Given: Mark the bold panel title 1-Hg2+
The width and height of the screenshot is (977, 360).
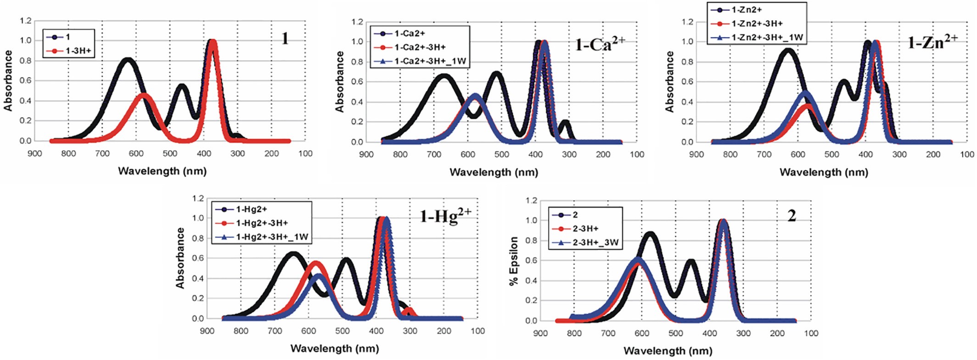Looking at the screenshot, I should tap(445, 215).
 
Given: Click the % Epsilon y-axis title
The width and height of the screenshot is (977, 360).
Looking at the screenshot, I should tap(514, 260).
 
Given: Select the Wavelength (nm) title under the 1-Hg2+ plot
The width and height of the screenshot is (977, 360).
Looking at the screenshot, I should tap(335, 349).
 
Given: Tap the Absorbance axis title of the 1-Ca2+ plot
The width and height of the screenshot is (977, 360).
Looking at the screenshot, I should tap(340, 82).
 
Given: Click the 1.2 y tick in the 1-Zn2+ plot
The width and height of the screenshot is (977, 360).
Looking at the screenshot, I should tap(687, 22).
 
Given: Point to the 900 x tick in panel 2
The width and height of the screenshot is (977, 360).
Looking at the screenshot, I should tap(540, 333).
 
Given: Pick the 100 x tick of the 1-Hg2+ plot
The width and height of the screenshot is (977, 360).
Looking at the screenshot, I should tap(477, 331).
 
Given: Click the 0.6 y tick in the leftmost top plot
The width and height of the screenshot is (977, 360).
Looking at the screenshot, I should tap(26, 81).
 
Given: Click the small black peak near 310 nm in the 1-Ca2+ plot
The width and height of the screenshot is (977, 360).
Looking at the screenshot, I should tap(565, 123).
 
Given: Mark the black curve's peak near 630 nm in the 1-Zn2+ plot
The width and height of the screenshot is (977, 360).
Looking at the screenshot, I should tap(788, 51).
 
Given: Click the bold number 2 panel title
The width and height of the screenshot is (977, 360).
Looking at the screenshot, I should tap(792, 216).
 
